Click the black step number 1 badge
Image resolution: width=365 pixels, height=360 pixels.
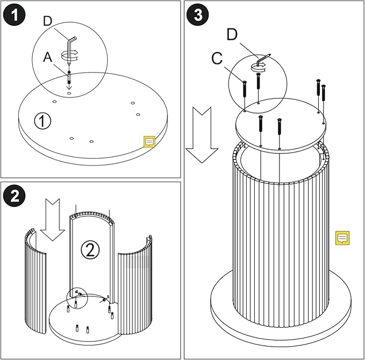click(x=15, y=15)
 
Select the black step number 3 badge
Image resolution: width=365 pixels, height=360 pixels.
click(x=198, y=15)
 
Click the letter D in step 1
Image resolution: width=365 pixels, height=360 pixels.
click(x=48, y=21)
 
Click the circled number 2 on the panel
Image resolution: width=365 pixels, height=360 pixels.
click(x=90, y=249)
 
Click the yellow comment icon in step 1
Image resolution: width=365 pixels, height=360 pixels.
click(x=149, y=142)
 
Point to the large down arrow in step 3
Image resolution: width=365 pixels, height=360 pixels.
click(x=202, y=134)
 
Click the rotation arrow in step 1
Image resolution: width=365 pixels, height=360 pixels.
click(x=69, y=54)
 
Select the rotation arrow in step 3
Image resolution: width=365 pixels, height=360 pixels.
click(x=259, y=66)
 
